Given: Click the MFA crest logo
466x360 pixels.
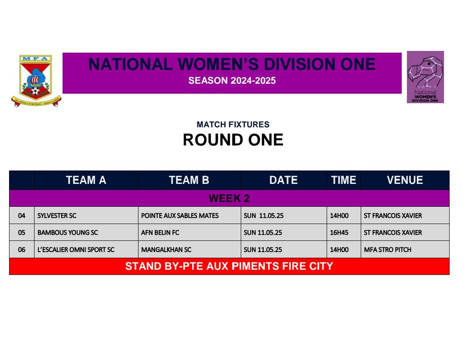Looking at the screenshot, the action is (36, 81).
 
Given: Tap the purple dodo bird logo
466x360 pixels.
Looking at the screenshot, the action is (425, 77).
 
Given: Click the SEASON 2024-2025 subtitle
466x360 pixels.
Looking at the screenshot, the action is (232, 81).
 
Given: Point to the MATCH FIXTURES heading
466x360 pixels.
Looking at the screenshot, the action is (233, 124).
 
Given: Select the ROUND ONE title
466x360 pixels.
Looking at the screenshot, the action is (233, 140).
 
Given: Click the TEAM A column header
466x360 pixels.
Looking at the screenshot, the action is (86, 180).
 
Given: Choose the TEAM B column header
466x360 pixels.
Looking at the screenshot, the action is (189, 180).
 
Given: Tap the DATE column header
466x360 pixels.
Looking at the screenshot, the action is (283, 180).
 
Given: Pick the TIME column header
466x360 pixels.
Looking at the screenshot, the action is (343, 180).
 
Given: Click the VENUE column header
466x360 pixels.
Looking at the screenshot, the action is (405, 180).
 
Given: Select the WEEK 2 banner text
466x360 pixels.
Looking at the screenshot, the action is (229, 198).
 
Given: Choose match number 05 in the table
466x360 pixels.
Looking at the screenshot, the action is (22, 233).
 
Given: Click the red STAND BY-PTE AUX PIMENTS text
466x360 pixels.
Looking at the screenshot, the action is (229, 266).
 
